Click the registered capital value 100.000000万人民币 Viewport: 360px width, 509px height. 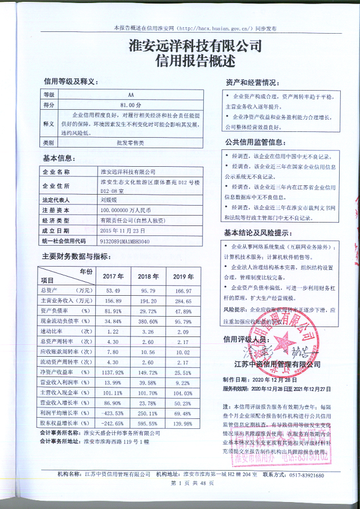point(125,209)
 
